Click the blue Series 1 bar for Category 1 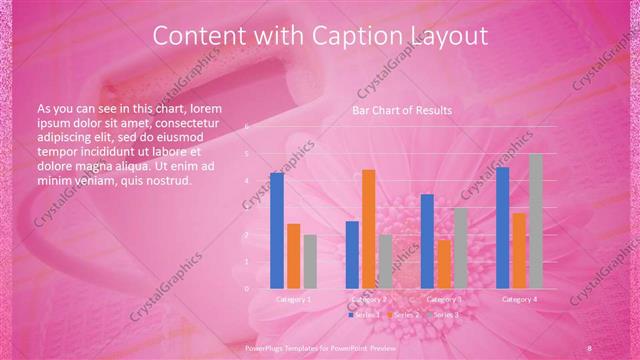[x=277, y=230]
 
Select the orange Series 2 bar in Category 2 [x=368, y=229]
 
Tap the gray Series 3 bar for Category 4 [x=535, y=221]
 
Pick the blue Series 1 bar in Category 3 [x=427, y=241]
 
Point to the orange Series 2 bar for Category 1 [x=293, y=256]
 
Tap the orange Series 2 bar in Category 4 [x=519, y=250]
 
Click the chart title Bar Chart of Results [x=404, y=110]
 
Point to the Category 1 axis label [x=293, y=299]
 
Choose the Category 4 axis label [x=519, y=299]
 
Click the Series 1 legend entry [x=364, y=315]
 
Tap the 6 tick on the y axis [x=247, y=127]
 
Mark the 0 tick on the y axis [x=247, y=289]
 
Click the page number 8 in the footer [x=590, y=346]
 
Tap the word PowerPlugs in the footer [x=264, y=346]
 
